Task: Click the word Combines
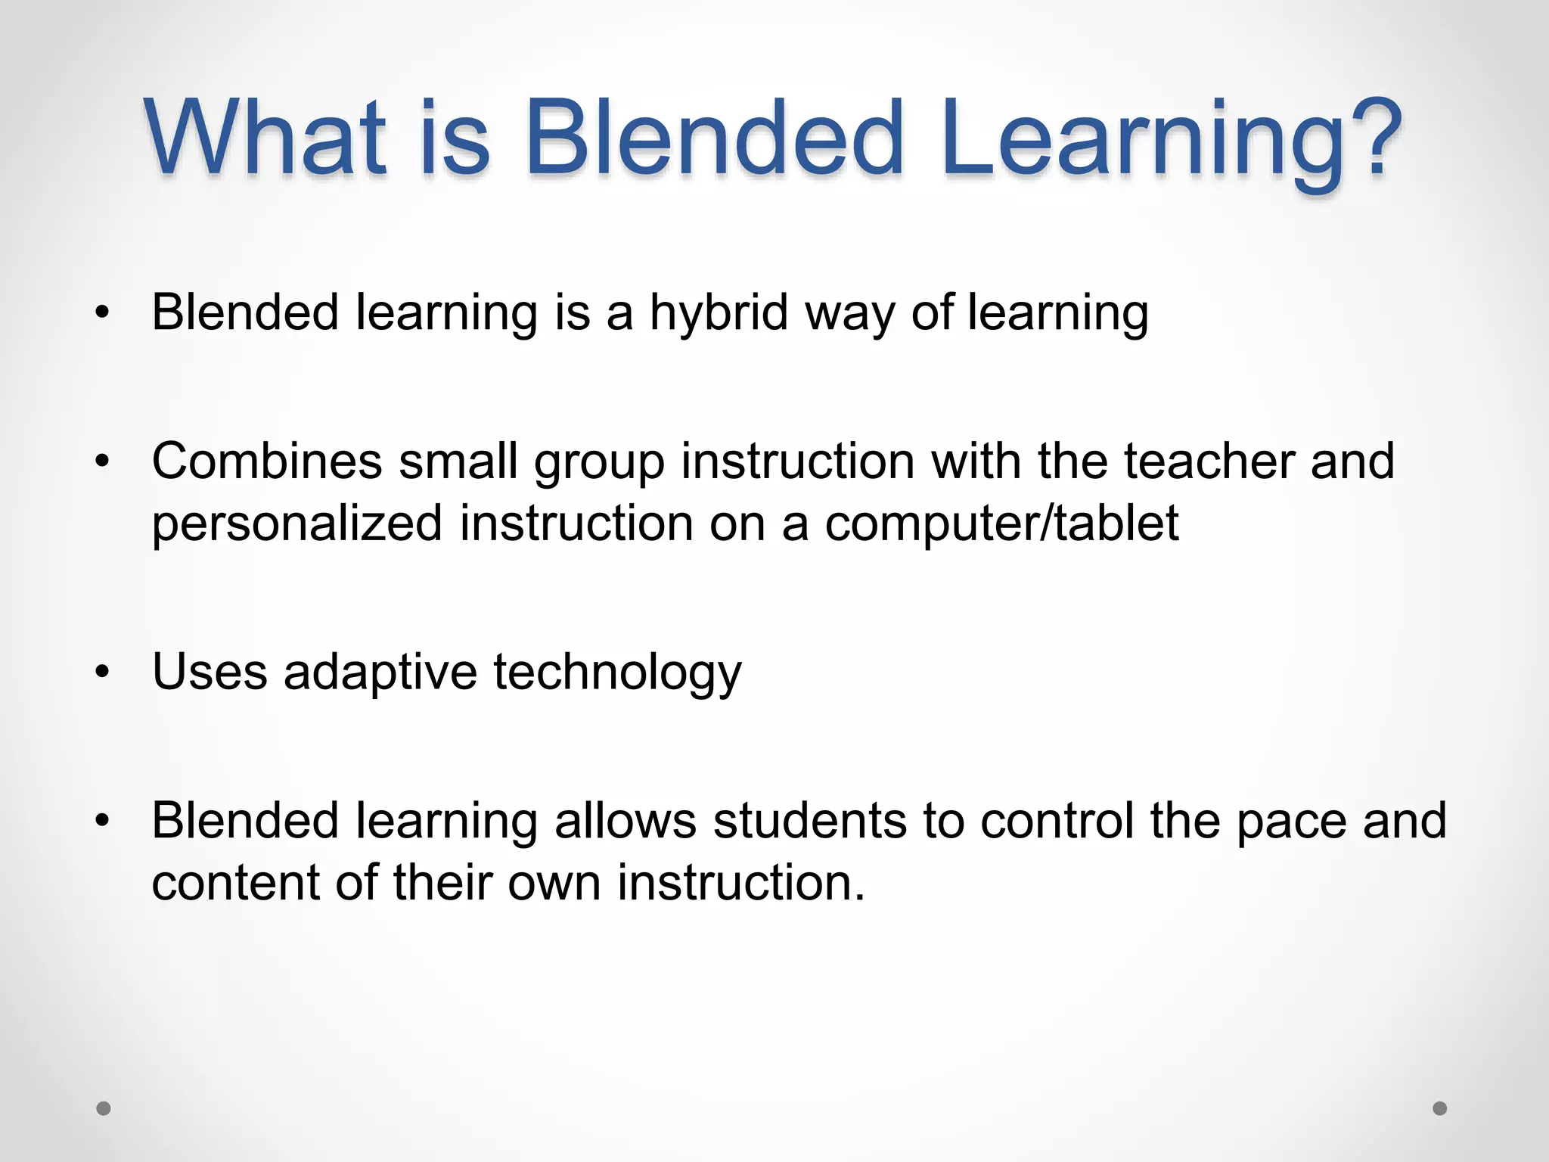pos(267,461)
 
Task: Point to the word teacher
pos(1209,461)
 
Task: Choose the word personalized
pos(296,524)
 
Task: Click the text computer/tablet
pos(1001,524)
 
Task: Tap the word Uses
pos(210,671)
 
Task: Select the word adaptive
pos(380,671)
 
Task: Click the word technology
pos(618,673)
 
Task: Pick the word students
pos(809,820)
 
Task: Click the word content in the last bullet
pos(234,883)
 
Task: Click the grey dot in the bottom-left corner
pos(104,1108)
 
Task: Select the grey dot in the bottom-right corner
pos(1440,1108)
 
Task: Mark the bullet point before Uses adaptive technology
pos(103,672)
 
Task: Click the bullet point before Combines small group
pos(103,461)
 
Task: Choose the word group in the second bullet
pos(599,462)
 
